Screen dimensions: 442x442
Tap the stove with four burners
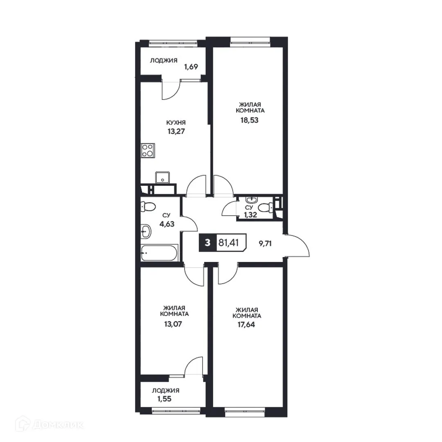[x=147, y=151]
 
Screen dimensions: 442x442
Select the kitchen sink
[x=163, y=178]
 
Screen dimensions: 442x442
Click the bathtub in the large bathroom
[x=159, y=253]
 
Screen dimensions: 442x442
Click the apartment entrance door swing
[x=298, y=246]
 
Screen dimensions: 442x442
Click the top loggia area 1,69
[x=191, y=67]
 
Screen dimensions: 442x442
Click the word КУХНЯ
[x=176, y=122]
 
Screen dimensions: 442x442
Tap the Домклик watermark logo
[x=49, y=425]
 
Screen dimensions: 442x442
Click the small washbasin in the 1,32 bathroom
[x=251, y=200]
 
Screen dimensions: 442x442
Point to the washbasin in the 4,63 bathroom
[x=145, y=232]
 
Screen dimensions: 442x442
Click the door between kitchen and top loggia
[x=171, y=89]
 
